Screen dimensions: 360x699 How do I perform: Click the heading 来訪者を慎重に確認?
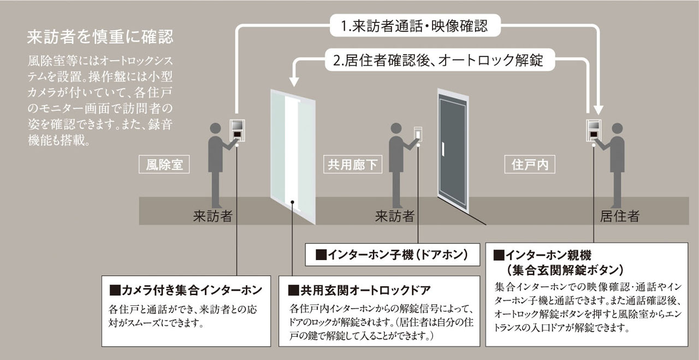pos(100,37)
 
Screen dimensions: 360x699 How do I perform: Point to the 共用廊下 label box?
pos(353,164)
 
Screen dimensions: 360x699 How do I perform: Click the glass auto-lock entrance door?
pos(293,156)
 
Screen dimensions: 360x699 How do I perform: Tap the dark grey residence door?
pos(453,153)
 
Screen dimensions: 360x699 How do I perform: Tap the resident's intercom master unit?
pos(594,130)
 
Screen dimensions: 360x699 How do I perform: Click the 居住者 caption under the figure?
pos(619,216)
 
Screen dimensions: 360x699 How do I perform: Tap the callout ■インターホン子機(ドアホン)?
pos(392,255)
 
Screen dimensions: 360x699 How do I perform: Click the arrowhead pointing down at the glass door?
pos(293,82)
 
